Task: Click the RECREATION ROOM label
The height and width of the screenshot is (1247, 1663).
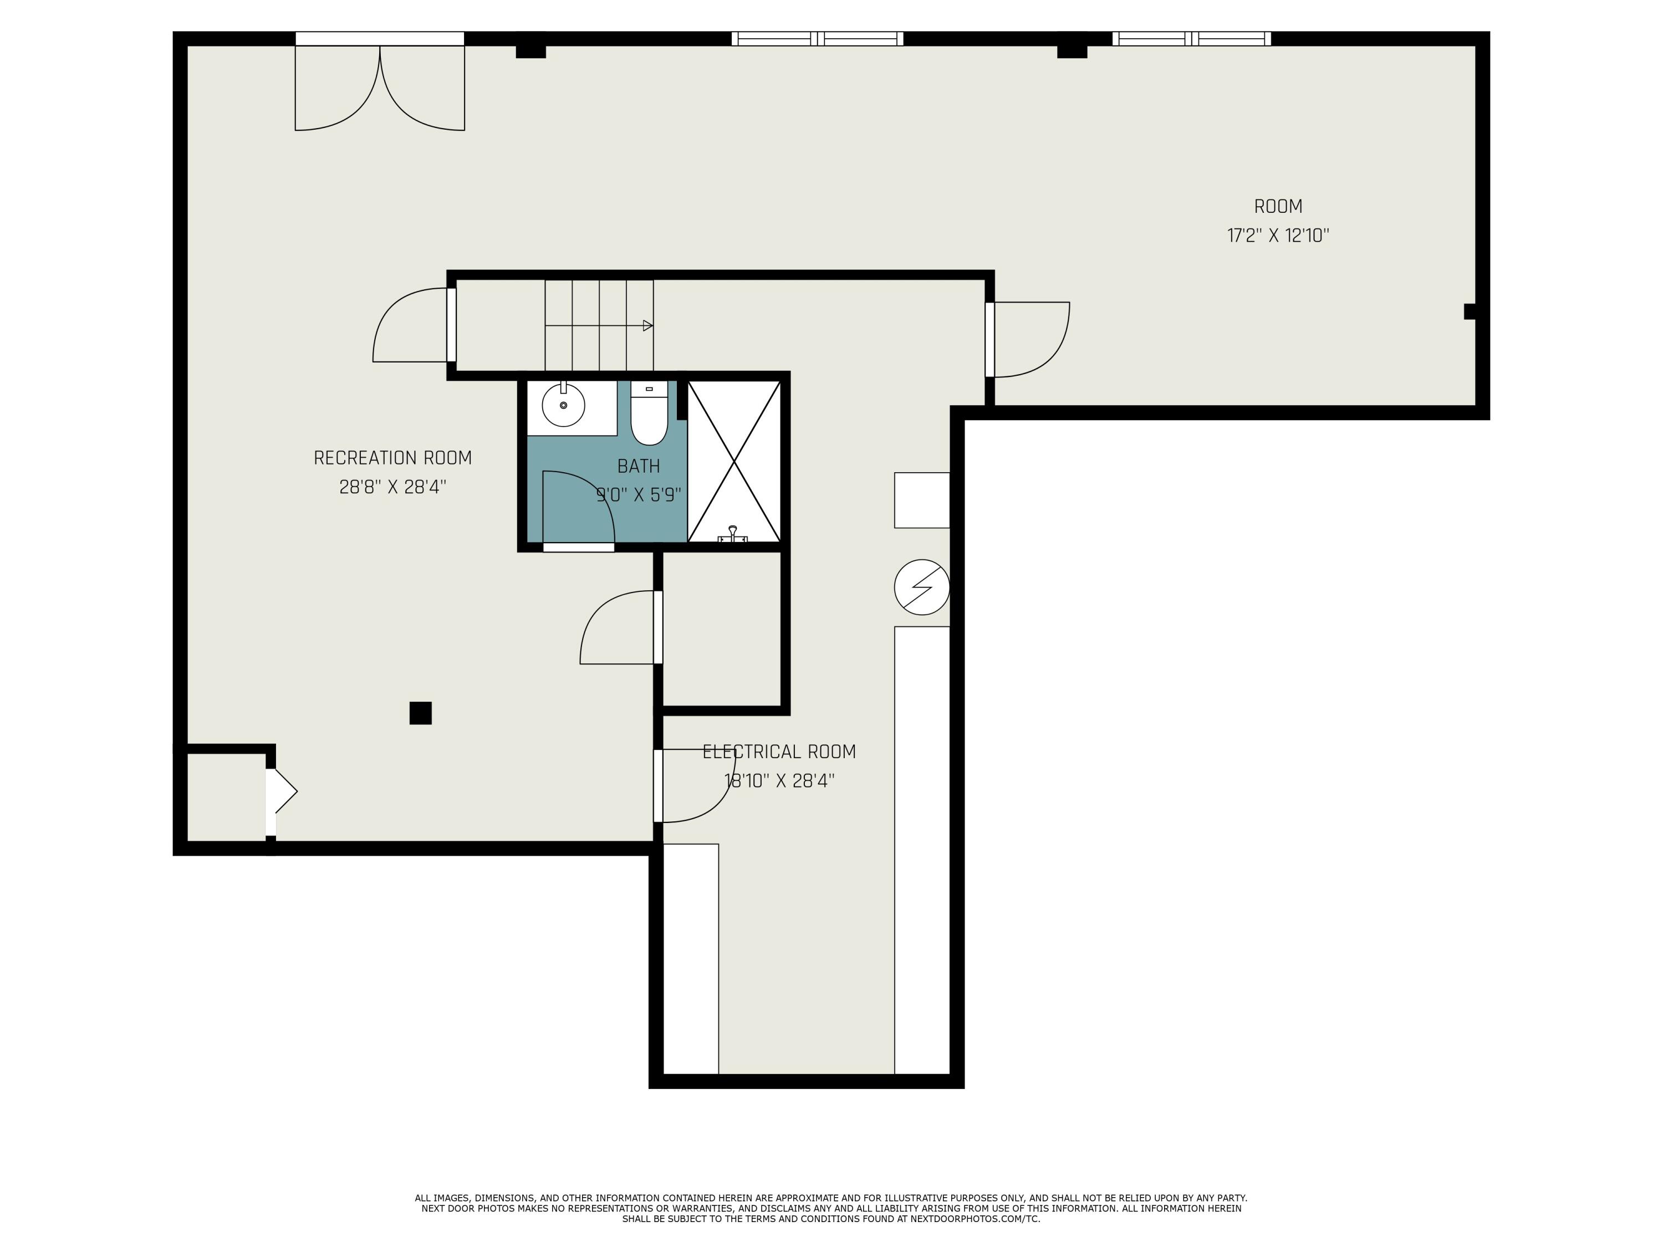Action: coord(392,458)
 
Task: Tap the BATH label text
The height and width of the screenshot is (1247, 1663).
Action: coord(638,466)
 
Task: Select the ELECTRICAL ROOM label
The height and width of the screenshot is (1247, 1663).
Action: coord(779,752)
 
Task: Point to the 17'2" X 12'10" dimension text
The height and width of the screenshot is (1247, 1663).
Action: coord(1278,236)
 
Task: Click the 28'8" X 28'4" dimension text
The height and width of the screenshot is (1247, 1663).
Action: coord(392,487)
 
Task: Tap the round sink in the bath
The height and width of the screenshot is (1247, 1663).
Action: coord(563,405)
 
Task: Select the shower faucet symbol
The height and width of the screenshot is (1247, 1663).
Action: coord(733,534)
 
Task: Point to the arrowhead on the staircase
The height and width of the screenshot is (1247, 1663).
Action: coord(648,325)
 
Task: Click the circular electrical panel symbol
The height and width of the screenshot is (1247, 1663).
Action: coord(922,587)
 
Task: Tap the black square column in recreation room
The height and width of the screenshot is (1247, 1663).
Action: coord(420,713)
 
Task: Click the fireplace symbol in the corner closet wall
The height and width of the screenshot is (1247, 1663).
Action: coord(283,791)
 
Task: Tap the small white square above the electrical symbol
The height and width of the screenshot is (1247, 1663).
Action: coord(922,500)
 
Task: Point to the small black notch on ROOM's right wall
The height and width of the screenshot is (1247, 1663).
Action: coord(1470,311)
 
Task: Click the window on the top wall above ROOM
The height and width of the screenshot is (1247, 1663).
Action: coord(1192,38)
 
